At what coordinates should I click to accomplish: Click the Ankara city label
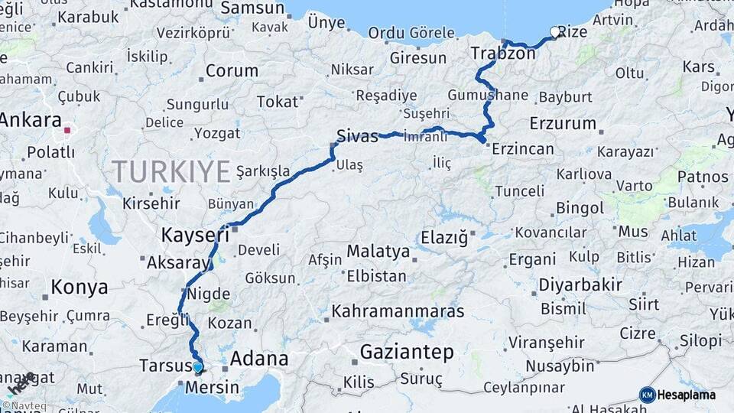tap(31, 120)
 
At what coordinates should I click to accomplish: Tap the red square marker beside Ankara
tap(67, 130)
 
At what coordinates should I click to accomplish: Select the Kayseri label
tap(195, 234)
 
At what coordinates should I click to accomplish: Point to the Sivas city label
tap(358, 137)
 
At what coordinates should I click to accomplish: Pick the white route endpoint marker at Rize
tap(554, 32)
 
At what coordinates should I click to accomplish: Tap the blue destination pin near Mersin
tap(198, 367)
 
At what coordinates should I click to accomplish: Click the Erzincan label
tap(523, 148)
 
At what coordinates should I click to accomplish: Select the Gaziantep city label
tap(406, 352)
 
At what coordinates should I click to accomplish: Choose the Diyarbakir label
tap(580, 285)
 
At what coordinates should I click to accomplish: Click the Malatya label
tap(378, 251)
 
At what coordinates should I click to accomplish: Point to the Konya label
tap(79, 288)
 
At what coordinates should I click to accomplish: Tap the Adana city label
tap(259, 358)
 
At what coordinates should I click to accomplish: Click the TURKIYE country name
tap(171, 171)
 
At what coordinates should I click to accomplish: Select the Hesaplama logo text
tap(687, 395)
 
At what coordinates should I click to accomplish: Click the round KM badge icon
tap(648, 395)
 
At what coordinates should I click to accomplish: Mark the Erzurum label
tap(562, 123)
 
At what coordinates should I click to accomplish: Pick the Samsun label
tap(252, 8)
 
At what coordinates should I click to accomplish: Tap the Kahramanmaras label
tap(398, 311)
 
